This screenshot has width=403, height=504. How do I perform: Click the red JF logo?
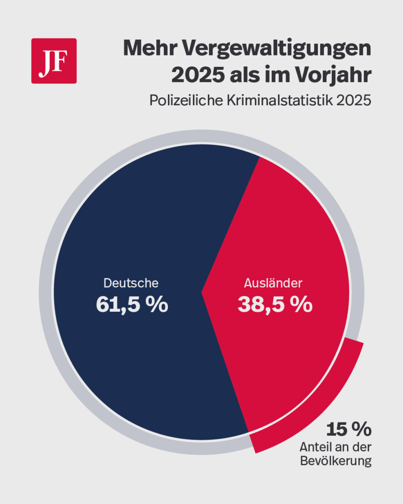click(54, 61)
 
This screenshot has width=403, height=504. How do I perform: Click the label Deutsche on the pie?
click(131, 283)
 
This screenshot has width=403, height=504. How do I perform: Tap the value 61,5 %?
click(132, 305)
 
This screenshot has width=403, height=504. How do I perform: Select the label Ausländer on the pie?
click(273, 283)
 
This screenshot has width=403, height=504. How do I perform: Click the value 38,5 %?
click(274, 305)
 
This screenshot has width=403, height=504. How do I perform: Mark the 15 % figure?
click(348, 430)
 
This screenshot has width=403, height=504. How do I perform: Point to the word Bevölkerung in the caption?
click(336, 461)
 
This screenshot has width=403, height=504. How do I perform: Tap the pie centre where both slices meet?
click(202, 291)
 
